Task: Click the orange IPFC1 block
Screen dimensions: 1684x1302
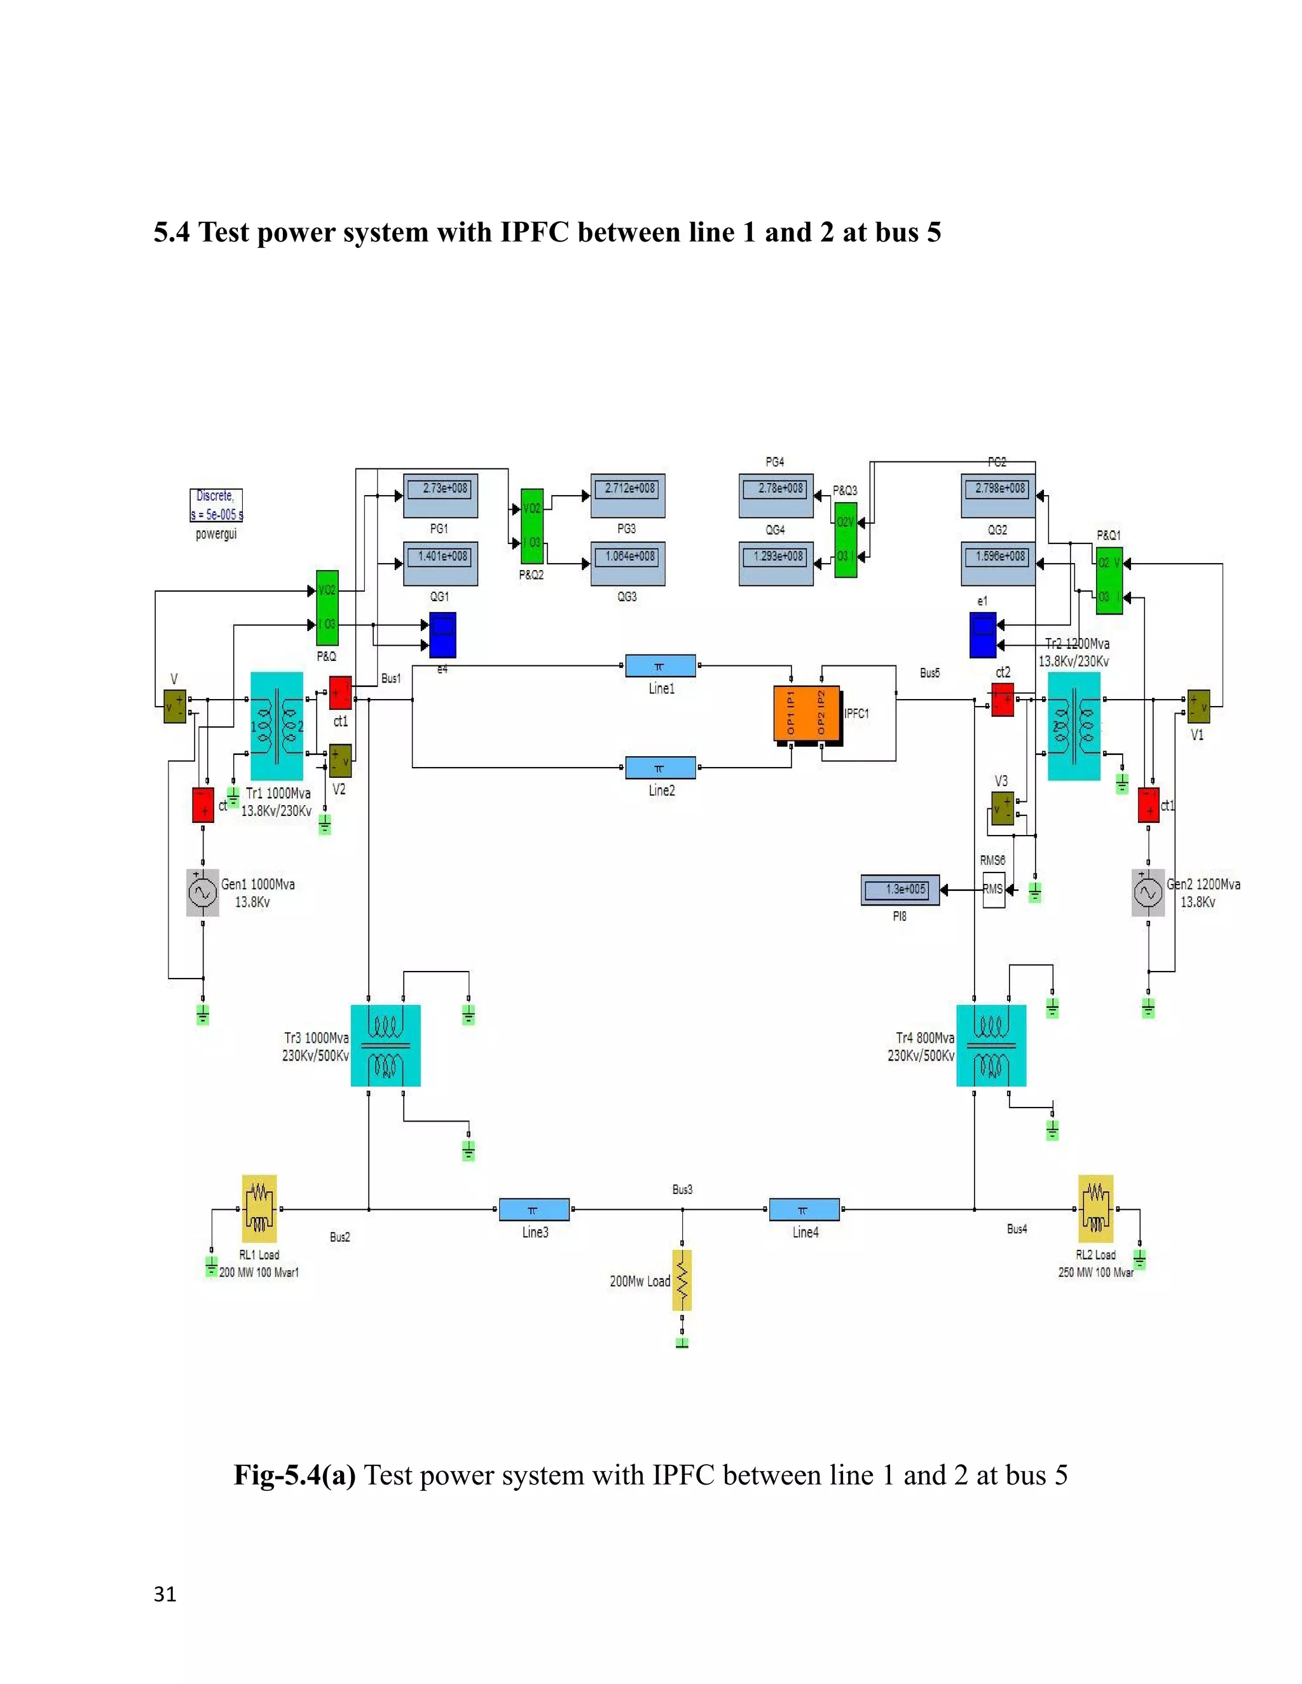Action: coord(806,714)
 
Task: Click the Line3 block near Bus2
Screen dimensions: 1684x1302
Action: coord(534,1209)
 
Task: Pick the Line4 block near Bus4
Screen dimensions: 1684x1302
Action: coord(804,1209)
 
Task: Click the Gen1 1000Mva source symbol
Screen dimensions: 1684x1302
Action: coord(203,893)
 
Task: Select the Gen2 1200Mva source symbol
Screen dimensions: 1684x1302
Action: coord(1148,893)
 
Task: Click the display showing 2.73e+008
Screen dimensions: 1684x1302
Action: coord(441,496)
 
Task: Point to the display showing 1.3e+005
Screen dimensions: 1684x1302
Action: coord(900,890)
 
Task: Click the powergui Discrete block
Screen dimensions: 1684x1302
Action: coord(216,505)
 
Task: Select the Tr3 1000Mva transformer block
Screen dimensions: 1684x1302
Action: coord(386,1045)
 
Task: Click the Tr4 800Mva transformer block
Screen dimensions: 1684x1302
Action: coord(991,1045)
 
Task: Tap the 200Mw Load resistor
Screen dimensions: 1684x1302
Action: coord(682,1280)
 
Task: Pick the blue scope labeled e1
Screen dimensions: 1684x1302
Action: coord(983,635)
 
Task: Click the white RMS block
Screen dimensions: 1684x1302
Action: coord(994,890)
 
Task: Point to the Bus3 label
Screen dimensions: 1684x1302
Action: coord(682,1190)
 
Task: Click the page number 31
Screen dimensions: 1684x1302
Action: coord(165,1594)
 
